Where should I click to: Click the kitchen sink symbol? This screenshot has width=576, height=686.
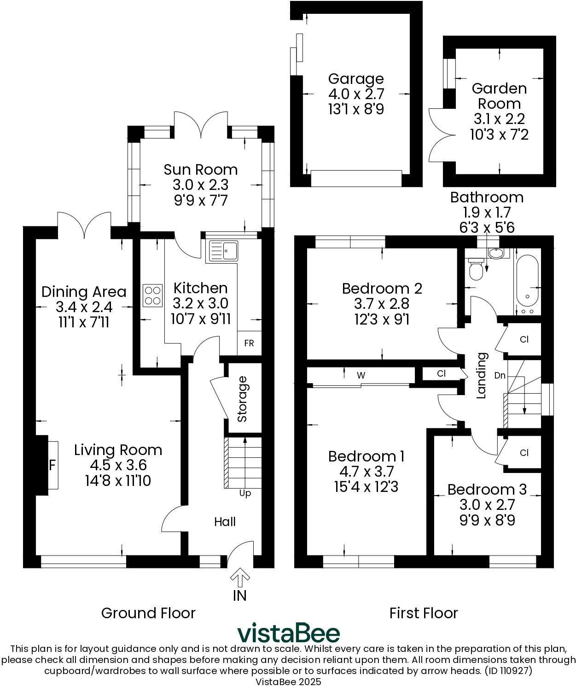pos(223,251)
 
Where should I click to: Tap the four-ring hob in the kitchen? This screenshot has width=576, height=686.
pos(153,296)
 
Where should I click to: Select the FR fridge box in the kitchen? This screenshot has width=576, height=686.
pos(249,343)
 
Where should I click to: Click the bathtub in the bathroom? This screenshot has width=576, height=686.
pos(527,282)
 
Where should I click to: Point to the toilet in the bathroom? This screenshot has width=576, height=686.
pos(475,269)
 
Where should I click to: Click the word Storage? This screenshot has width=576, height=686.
pos(242,399)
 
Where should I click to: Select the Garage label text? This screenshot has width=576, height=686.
pos(356,79)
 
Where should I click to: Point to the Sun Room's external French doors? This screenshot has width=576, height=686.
pos(201,125)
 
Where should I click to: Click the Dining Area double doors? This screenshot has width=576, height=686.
pos(84,225)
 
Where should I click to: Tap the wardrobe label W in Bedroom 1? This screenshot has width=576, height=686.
pos(361,375)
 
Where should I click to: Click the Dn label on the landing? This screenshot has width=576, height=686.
pos(500,376)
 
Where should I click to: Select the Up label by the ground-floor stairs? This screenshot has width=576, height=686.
pos(245,493)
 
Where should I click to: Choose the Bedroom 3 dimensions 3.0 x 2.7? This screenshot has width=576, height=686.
pos(487,505)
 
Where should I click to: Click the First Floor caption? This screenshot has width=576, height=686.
pos(424,613)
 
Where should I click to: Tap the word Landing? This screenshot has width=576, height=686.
pos(482,375)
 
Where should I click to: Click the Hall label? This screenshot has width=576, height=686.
pos(225,521)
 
